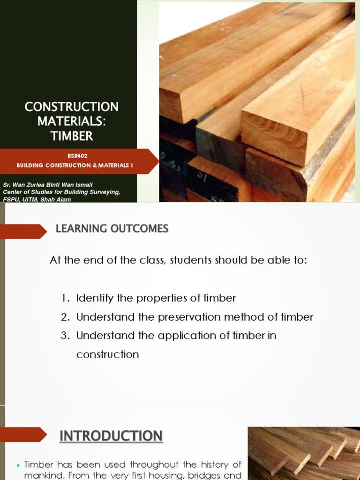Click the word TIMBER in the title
[72, 136]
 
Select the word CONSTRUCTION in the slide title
[72, 107]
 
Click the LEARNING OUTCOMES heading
[112, 229]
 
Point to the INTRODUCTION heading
[111, 436]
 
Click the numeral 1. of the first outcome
[65, 298]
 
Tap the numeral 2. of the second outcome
[65, 317]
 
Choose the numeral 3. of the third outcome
[65, 336]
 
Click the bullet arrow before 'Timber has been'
[18, 465]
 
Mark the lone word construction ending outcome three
[107, 354]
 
